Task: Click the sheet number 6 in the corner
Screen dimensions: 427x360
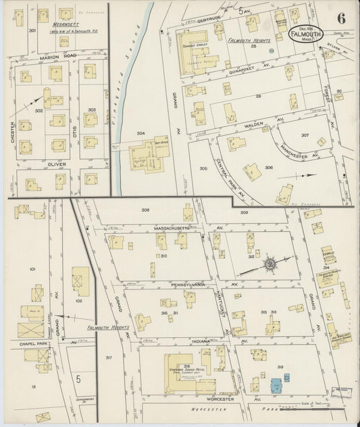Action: (x=342, y=15)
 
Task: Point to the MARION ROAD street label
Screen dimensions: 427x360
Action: (x=57, y=58)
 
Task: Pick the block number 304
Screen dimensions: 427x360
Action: (x=140, y=133)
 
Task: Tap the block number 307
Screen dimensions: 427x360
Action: (x=305, y=135)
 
